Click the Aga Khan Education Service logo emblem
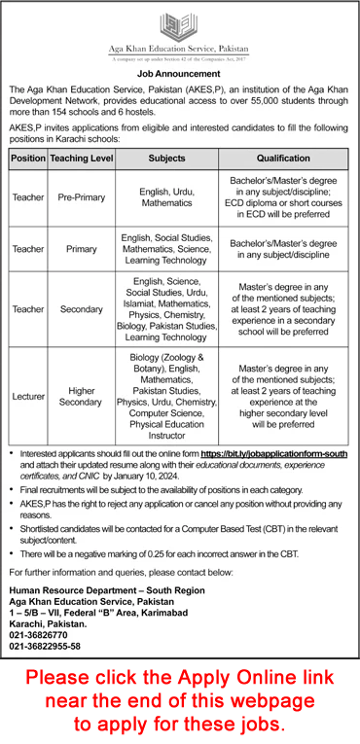click(x=179, y=24)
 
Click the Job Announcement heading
click(x=179, y=72)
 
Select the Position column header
click(x=28, y=156)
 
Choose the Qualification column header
click(x=283, y=156)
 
